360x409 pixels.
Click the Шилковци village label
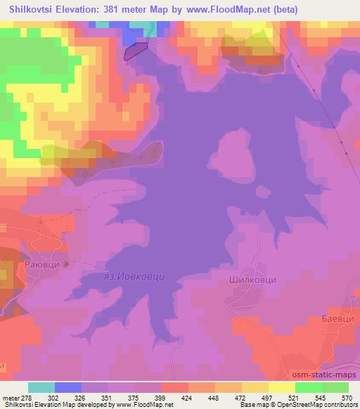click(x=253, y=279)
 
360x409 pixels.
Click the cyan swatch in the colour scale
click(x=41, y=387)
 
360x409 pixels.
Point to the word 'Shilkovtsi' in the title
click(x=29, y=10)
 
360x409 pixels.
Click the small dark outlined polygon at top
click(x=136, y=51)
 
